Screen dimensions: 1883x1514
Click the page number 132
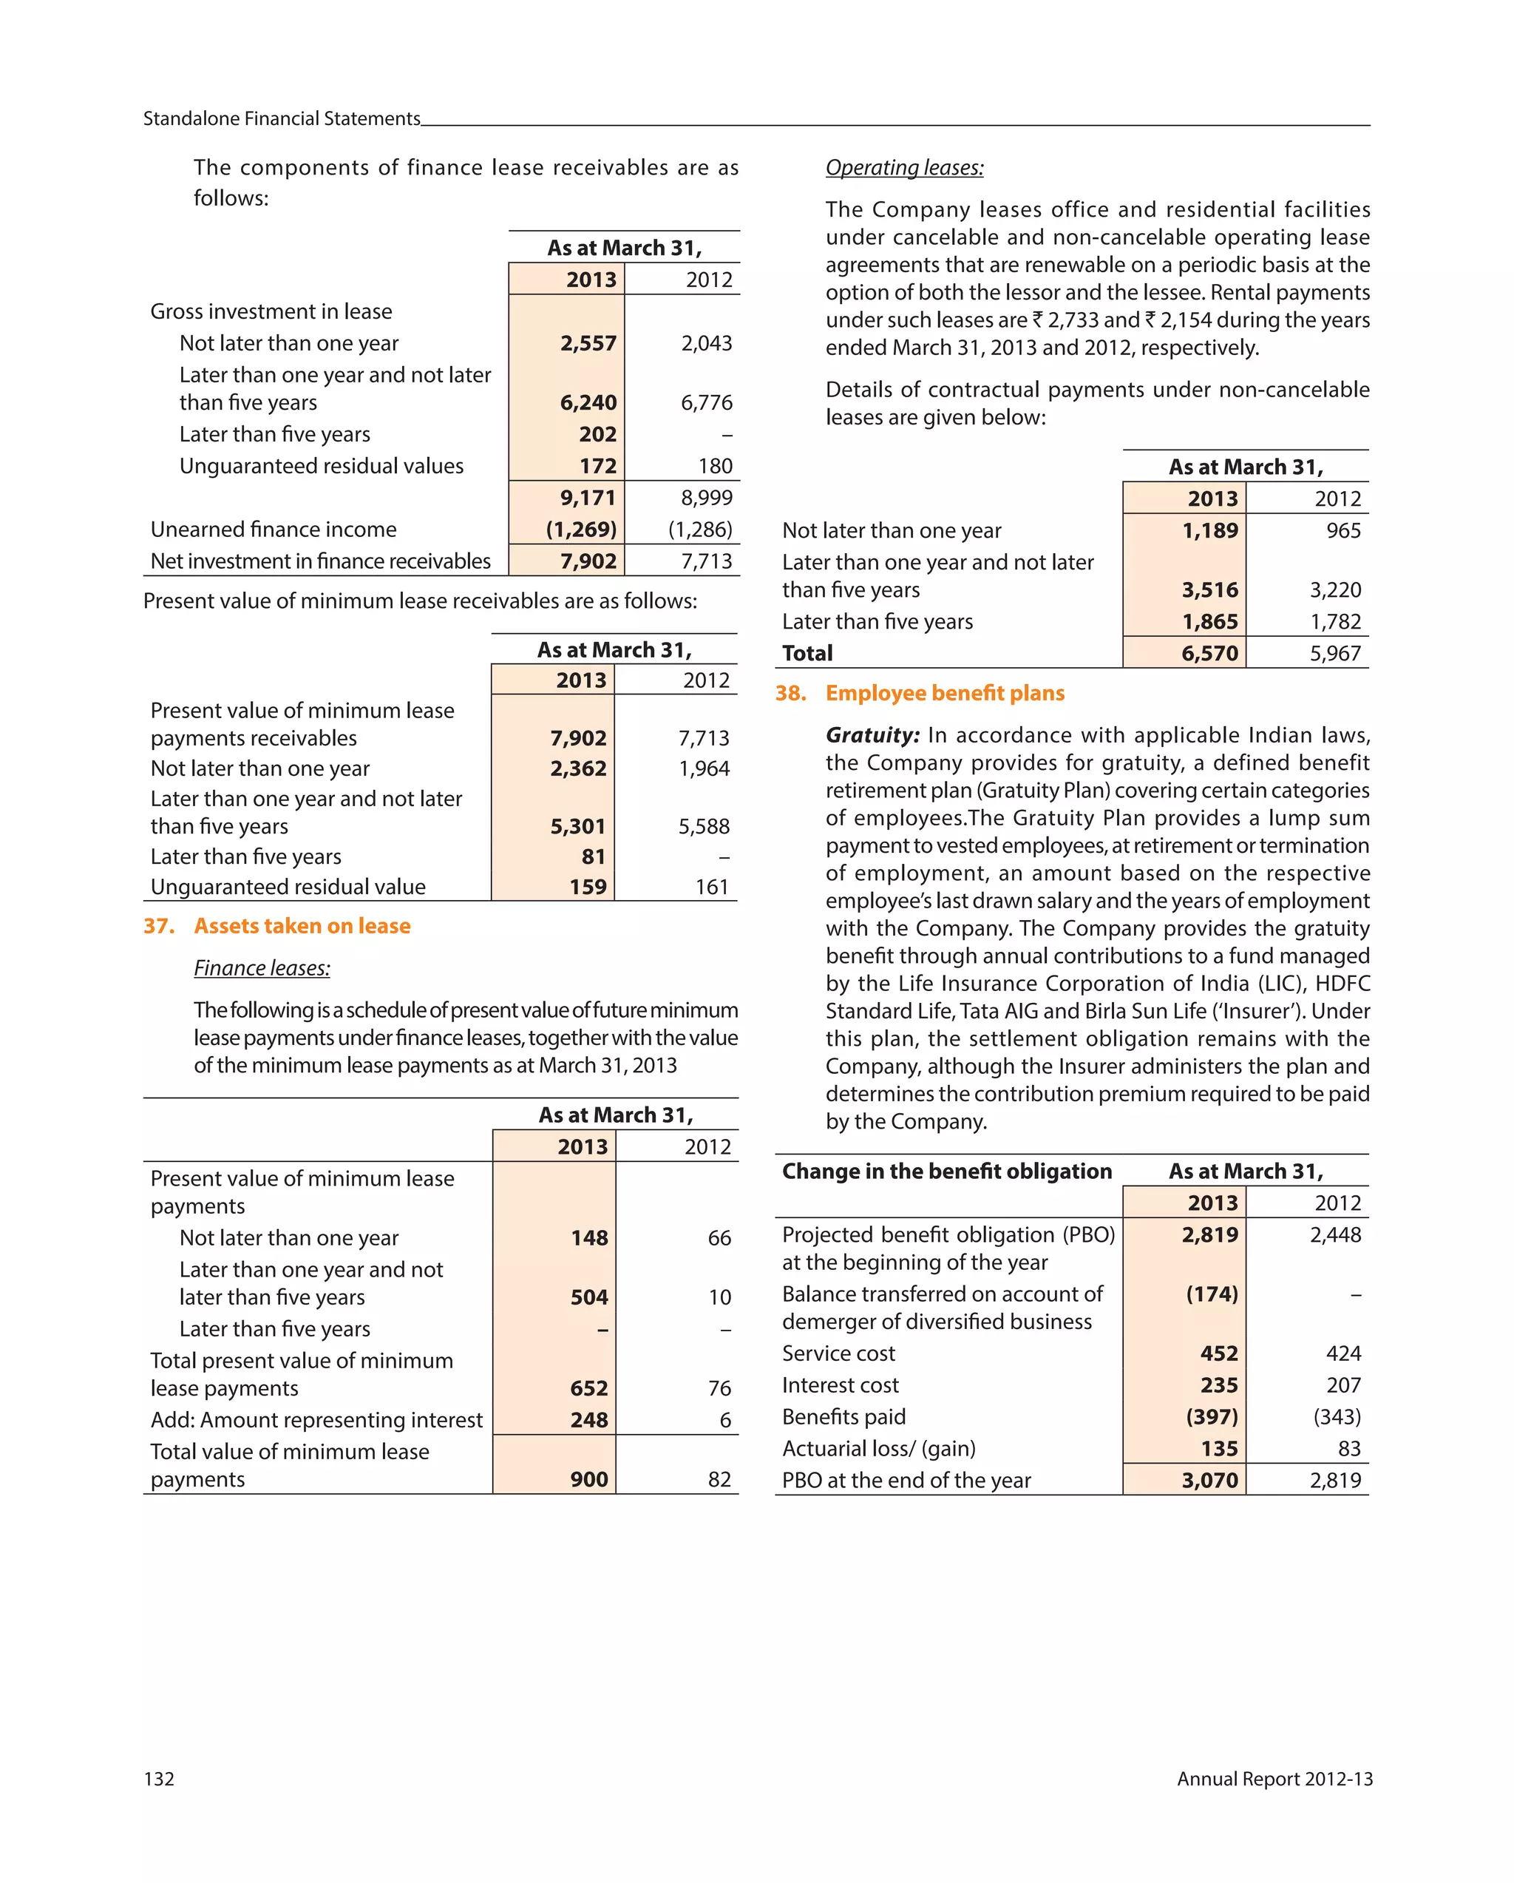159,1779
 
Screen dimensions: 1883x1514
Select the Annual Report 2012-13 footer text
1274,1779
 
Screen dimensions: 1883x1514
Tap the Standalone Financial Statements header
281,119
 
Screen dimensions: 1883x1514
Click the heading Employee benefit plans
945,694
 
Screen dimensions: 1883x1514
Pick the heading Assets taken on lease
302,926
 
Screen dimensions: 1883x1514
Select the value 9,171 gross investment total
588,498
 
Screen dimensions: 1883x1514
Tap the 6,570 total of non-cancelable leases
1209,653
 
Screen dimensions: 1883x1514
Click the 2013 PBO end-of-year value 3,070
1209,1481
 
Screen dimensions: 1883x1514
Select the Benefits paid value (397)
1211,1416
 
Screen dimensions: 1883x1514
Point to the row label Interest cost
840,1385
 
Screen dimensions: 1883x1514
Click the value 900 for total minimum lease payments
588,1479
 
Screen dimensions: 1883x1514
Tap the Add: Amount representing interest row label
316,1420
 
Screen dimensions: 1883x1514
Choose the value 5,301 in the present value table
577,826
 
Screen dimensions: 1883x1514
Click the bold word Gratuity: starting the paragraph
872,735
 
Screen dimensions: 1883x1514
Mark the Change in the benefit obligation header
946,1172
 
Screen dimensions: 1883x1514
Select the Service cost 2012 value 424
1343,1353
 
